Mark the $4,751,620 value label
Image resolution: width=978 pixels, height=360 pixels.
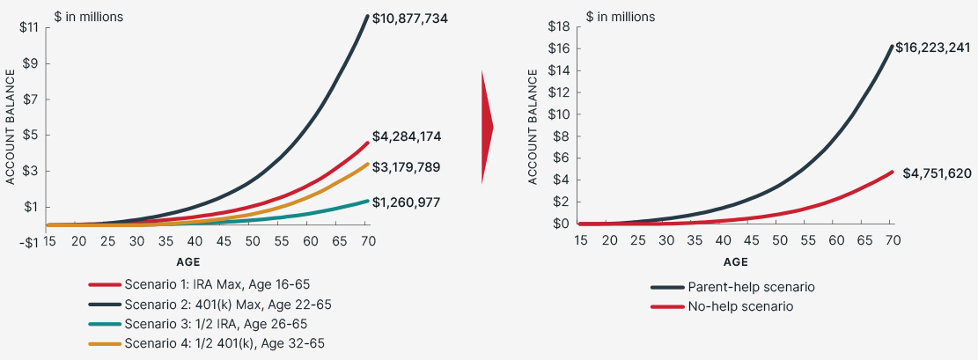[x=938, y=173]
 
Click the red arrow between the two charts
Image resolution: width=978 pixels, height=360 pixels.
[x=487, y=128]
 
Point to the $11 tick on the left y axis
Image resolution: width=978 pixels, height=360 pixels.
[x=29, y=27]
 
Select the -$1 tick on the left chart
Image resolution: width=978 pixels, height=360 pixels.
[x=29, y=243]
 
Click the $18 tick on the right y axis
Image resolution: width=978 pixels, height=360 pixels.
[x=560, y=27]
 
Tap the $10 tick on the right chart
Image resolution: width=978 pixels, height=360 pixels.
[x=560, y=114]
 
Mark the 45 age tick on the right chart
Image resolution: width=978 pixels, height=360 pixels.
[x=751, y=240]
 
